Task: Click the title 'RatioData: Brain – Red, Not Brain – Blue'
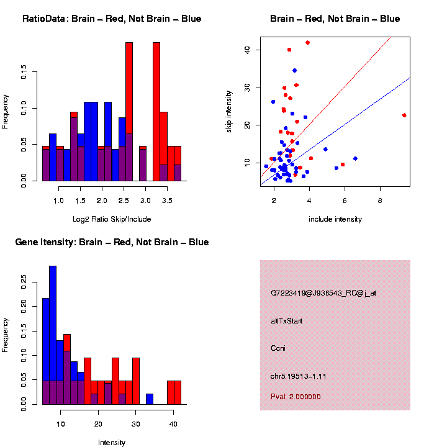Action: pos(112,19)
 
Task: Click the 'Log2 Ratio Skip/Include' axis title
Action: pos(112,219)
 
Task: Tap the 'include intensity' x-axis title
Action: pos(335,219)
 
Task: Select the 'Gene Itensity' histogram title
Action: pos(112,242)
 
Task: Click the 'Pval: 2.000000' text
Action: pos(296,397)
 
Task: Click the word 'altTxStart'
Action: pos(286,321)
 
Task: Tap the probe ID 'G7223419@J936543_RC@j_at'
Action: pos(323,293)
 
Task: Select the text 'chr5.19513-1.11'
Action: pos(299,376)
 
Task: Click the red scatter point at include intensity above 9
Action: pos(404,115)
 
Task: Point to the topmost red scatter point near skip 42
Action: pos(307,43)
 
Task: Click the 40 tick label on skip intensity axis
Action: pos(247,50)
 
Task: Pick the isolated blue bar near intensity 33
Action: pos(150,399)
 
